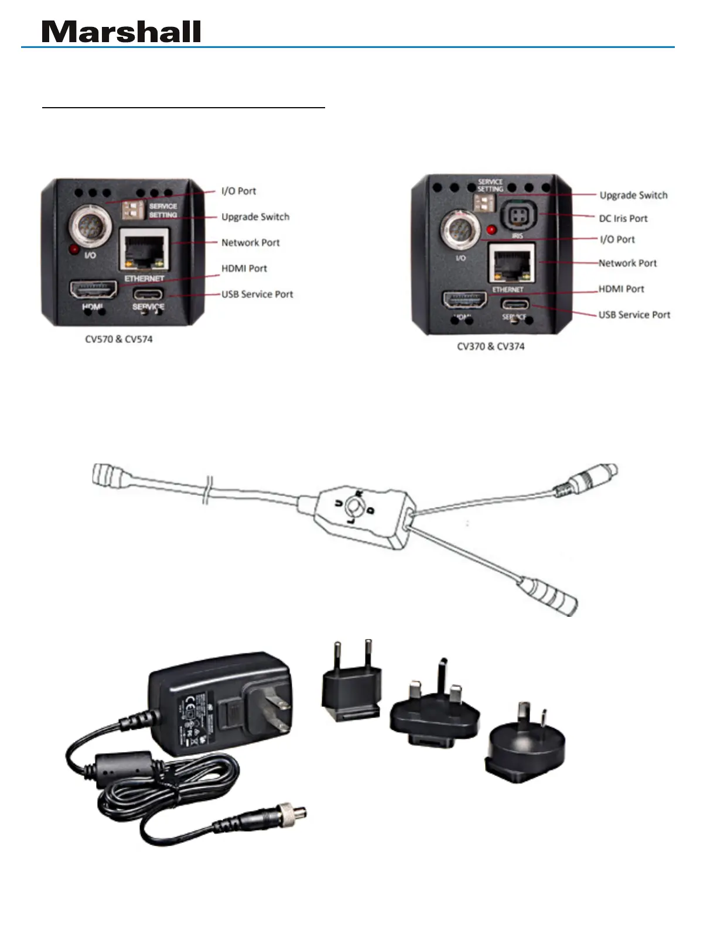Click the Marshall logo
121,32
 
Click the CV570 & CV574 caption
119,339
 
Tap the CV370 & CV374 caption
491,346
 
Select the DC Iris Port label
623,218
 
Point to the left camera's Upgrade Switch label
255,217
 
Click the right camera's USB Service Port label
634,315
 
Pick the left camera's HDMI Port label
244,269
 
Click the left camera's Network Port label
251,242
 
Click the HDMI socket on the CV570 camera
94,290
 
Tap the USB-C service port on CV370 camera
514,304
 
